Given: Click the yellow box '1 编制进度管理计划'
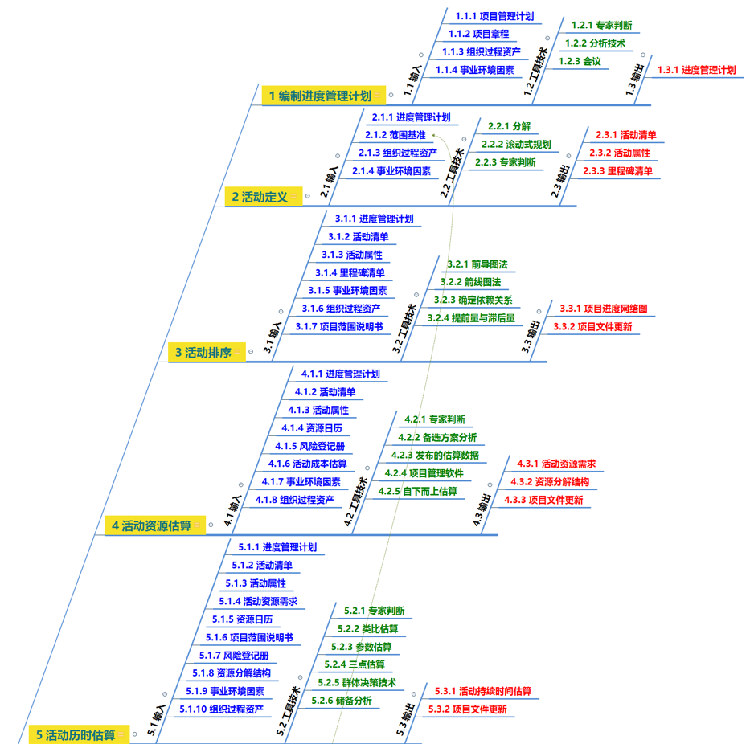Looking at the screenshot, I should click(320, 96).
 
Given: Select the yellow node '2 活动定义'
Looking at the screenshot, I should click(260, 196).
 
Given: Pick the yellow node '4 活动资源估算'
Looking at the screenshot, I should click(151, 525).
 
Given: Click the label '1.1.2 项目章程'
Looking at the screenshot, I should click(478, 34).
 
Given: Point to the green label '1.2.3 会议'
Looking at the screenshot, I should click(580, 61).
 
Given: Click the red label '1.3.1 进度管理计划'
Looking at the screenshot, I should click(696, 70).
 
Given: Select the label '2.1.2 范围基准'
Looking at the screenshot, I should click(395, 135).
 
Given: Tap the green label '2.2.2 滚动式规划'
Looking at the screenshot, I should click(516, 145).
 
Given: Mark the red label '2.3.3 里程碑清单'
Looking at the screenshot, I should click(617, 170).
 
